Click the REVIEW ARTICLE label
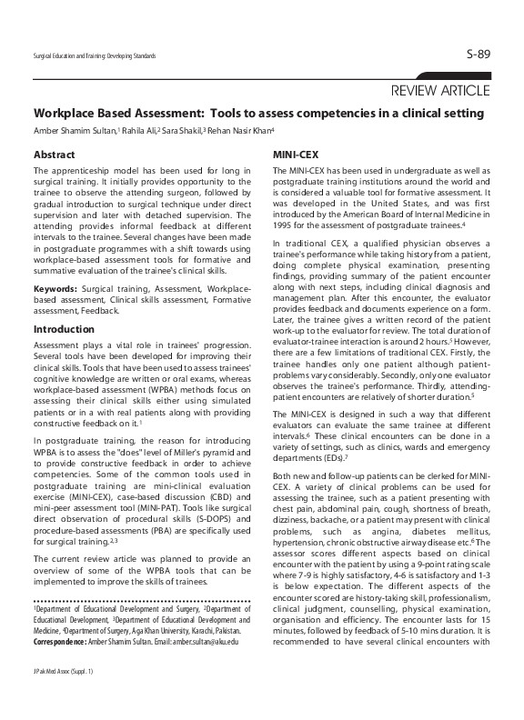click(x=440, y=90)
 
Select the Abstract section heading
click(x=54, y=155)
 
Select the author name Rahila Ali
click(x=138, y=131)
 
